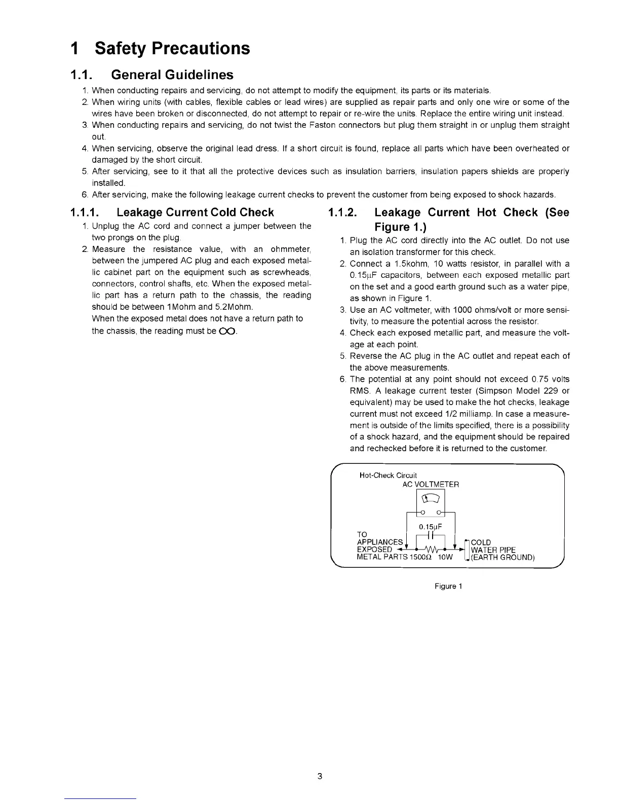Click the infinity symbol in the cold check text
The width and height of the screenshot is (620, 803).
pos(228,331)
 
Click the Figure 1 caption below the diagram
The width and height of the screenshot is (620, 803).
pos(448,587)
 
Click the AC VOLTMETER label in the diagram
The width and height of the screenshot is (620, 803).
pos(431,485)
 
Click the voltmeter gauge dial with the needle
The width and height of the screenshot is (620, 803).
pos(430,498)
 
